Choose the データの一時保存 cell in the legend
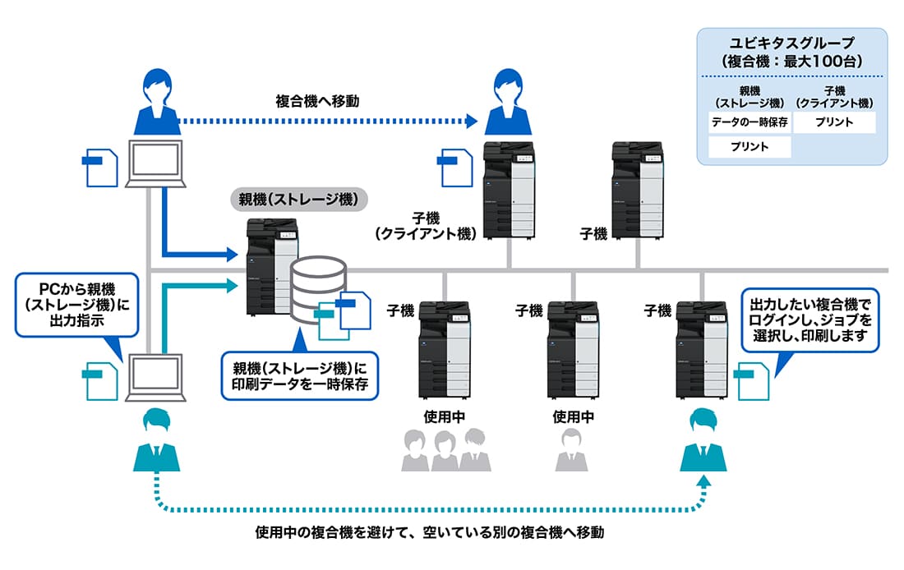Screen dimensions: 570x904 point(749,123)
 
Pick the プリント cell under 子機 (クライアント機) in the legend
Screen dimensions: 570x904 point(834,123)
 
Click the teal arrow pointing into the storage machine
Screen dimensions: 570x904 point(197,287)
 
